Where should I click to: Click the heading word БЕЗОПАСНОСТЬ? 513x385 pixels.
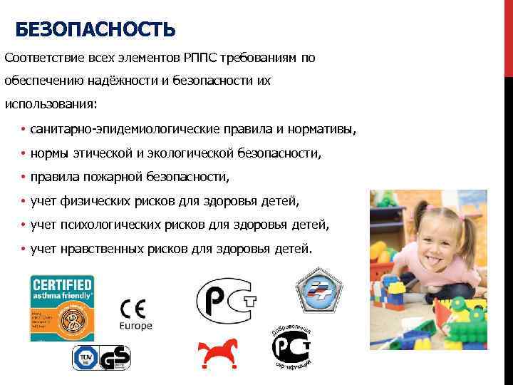click(x=95, y=30)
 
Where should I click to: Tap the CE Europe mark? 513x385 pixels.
click(x=134, y=314)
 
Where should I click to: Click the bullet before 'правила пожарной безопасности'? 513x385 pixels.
click(x=24, y=177)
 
